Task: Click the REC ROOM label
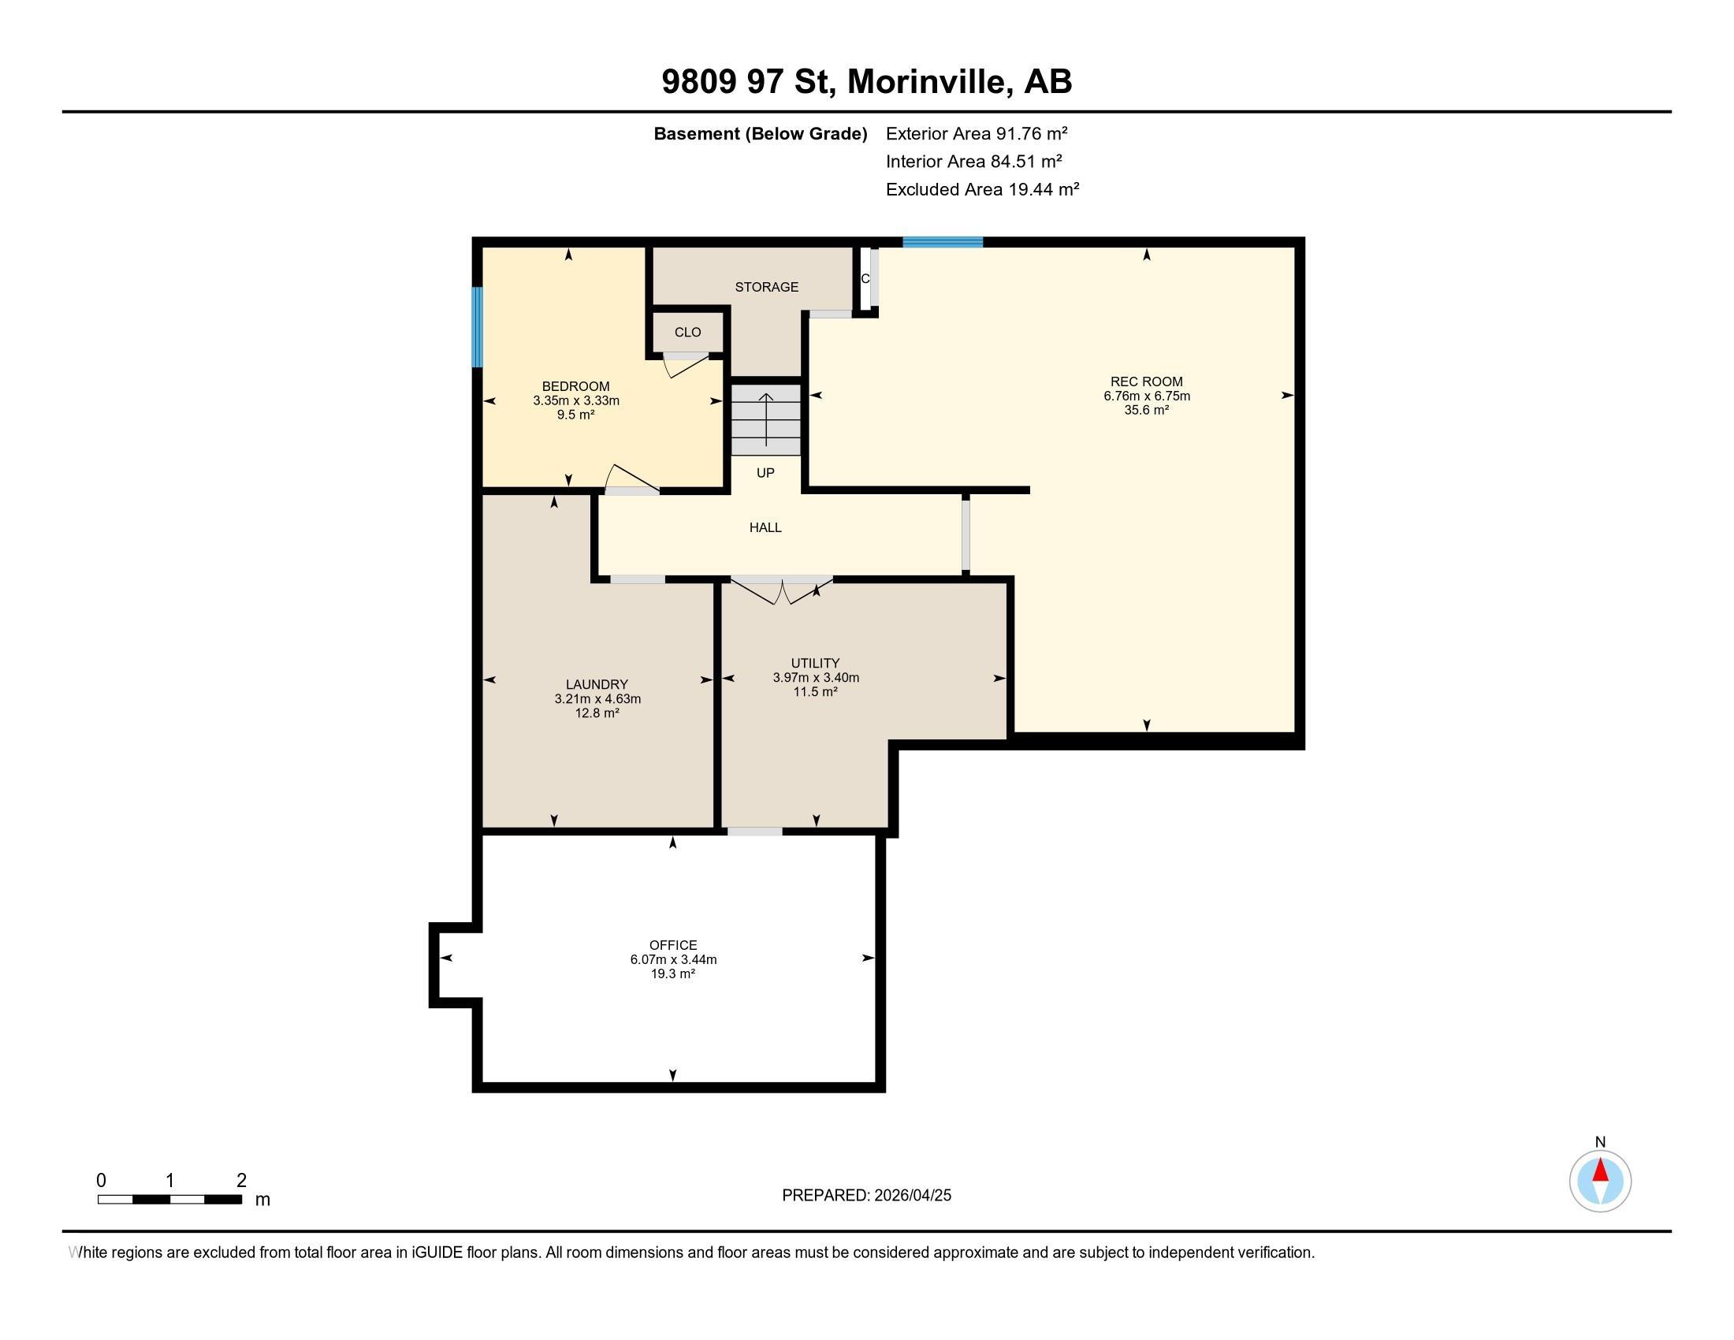(1146, 382)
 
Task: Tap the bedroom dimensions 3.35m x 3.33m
(575, 401)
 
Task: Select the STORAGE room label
(766, 287)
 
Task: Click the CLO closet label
(687, 333)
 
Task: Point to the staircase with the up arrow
(765, 420)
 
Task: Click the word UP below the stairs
(765, 473)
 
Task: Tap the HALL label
(765, 527)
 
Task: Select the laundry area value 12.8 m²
(597, 713)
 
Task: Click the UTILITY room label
(815, 663)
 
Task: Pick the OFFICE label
(672, 944)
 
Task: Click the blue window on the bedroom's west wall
(477, 327)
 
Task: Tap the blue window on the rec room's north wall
(943, 242)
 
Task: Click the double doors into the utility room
(782, 591)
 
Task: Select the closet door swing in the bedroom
(686, 365)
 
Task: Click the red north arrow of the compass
(1600, 1171)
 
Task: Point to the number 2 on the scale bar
(241, 1181)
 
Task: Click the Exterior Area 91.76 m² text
(976, 133)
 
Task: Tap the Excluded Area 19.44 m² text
(982, 189)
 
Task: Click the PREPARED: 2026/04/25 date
(866, 1196)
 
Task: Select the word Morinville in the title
(930, 82)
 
